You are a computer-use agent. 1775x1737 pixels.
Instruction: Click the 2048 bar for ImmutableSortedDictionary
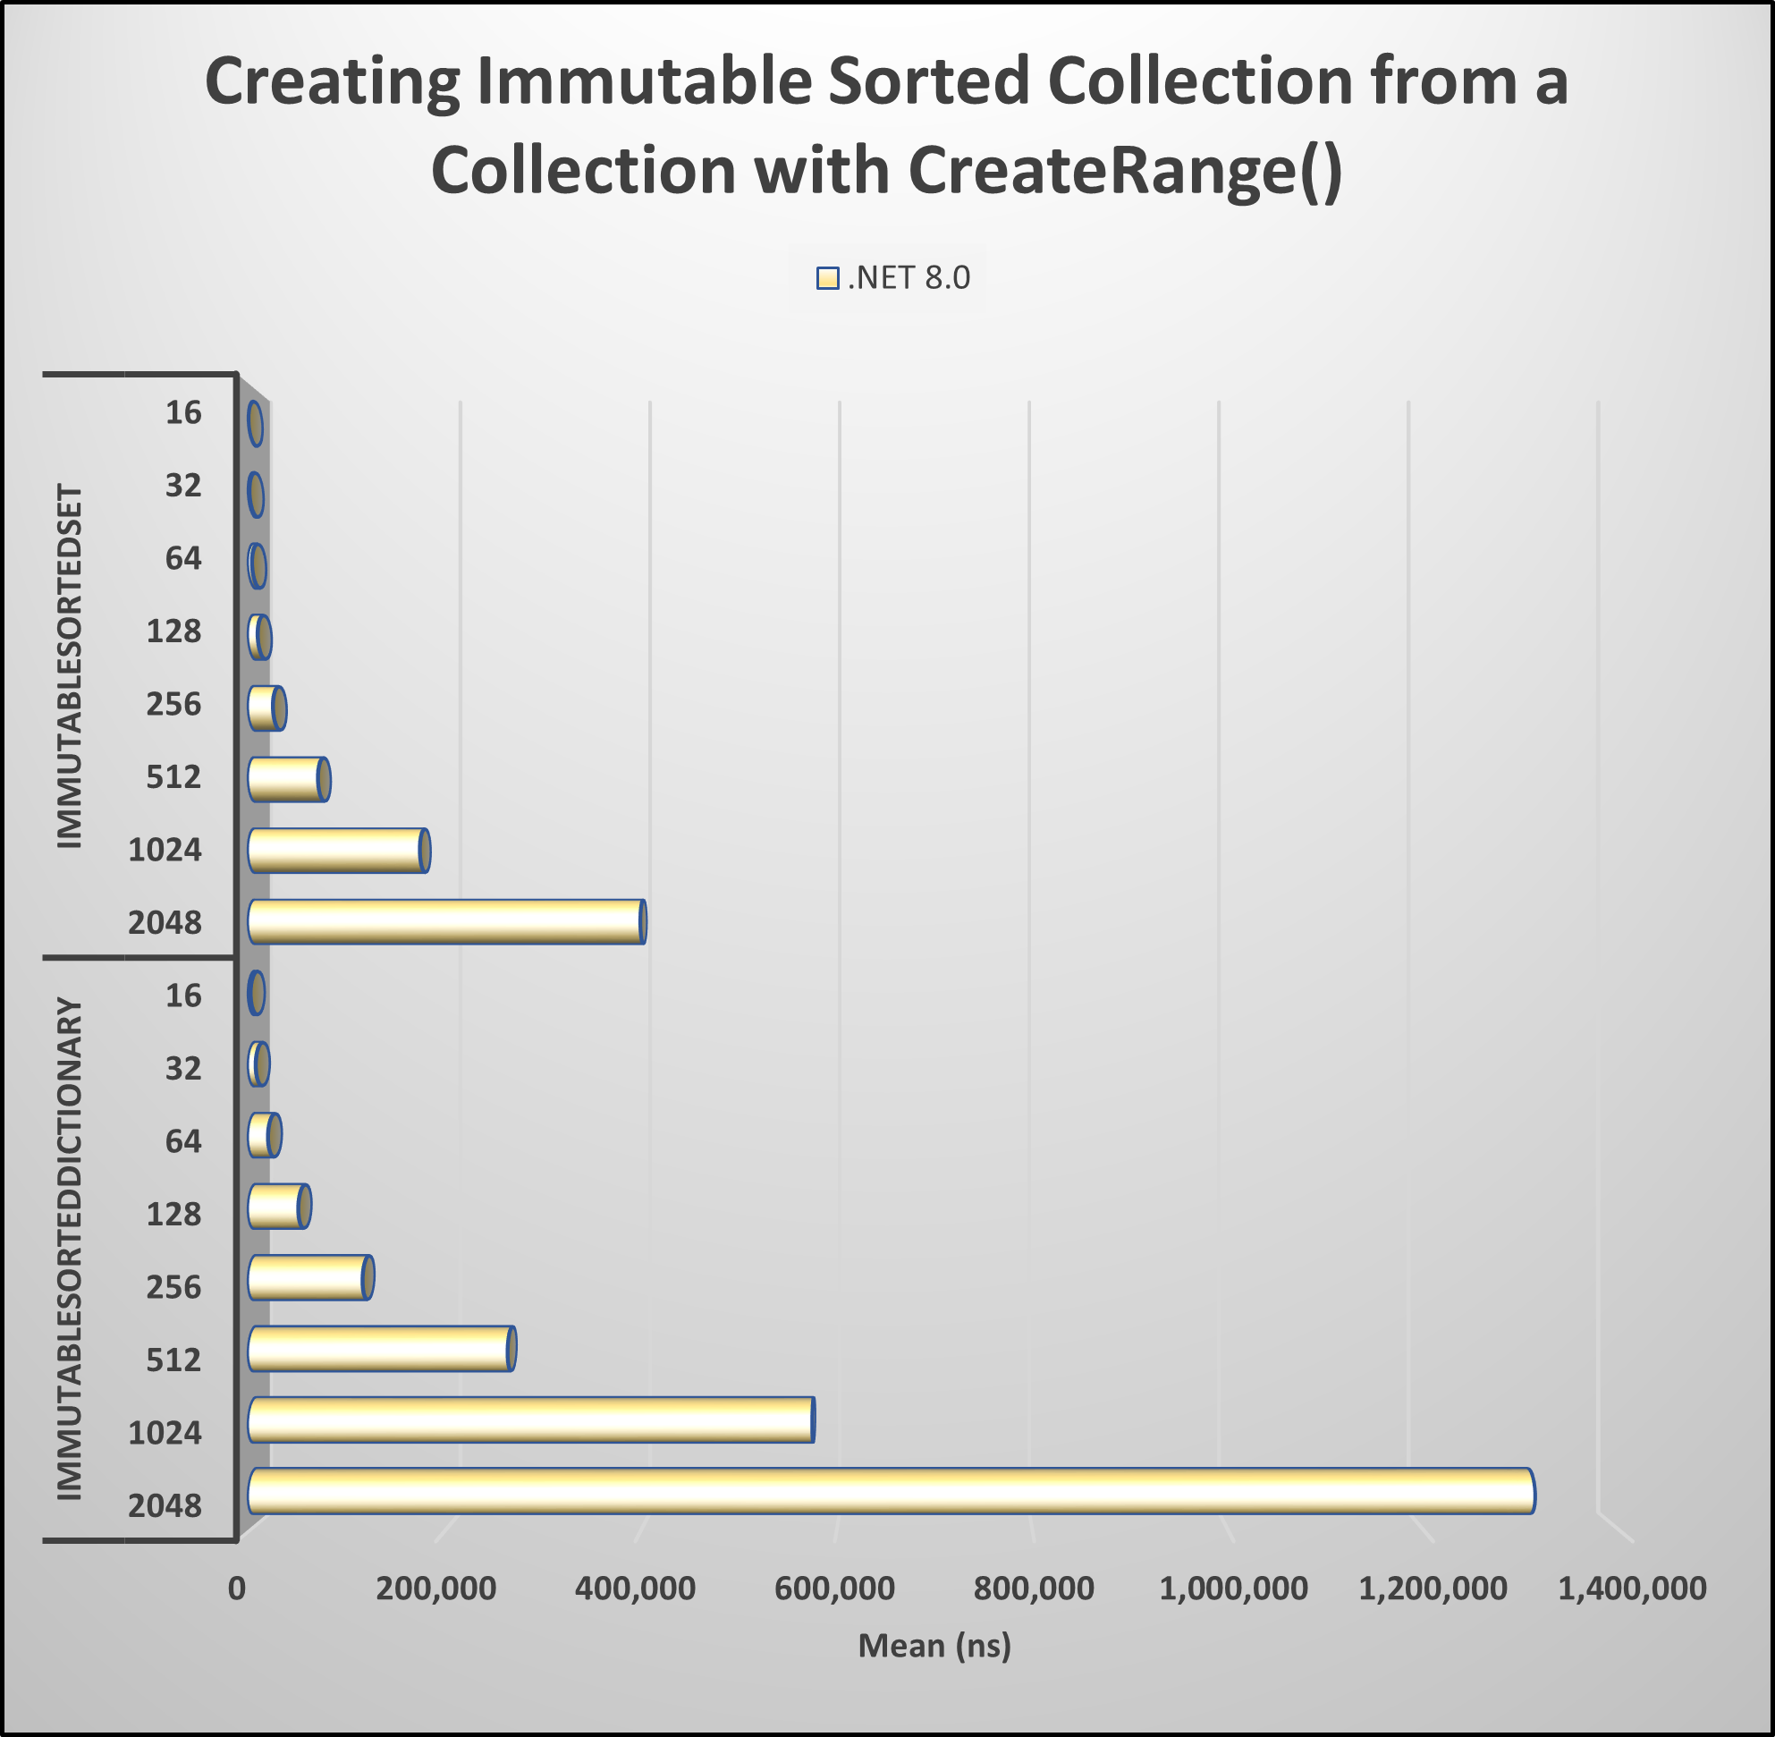890,1491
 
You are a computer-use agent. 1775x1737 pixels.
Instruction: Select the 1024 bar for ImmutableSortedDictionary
529,1419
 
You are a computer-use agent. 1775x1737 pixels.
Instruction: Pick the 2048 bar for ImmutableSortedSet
445,921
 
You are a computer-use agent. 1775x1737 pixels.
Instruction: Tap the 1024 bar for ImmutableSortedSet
336,851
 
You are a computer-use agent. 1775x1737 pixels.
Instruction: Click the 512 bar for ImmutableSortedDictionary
380,1348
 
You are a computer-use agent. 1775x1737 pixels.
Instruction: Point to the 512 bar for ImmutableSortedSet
287,779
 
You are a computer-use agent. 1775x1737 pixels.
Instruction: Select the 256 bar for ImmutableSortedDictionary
309,1277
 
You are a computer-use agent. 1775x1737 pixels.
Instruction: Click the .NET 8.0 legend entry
893,277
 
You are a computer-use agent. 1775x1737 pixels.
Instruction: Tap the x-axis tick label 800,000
1034,1589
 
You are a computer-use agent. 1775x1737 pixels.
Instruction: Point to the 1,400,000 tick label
1632,1589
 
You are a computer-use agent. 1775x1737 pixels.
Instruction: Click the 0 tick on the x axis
237,1589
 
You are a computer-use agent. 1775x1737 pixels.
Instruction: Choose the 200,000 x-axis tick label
436,1589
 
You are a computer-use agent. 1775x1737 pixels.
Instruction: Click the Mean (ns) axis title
935,1645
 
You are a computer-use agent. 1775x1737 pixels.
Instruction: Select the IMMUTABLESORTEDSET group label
71,667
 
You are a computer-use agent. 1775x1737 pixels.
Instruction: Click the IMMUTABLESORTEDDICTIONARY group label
71,1249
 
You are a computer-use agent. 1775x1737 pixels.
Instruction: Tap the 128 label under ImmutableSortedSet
174,631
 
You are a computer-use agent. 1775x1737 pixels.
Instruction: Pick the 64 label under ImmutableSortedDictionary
183,1141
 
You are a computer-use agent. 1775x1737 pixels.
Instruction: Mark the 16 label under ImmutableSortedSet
183,413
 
